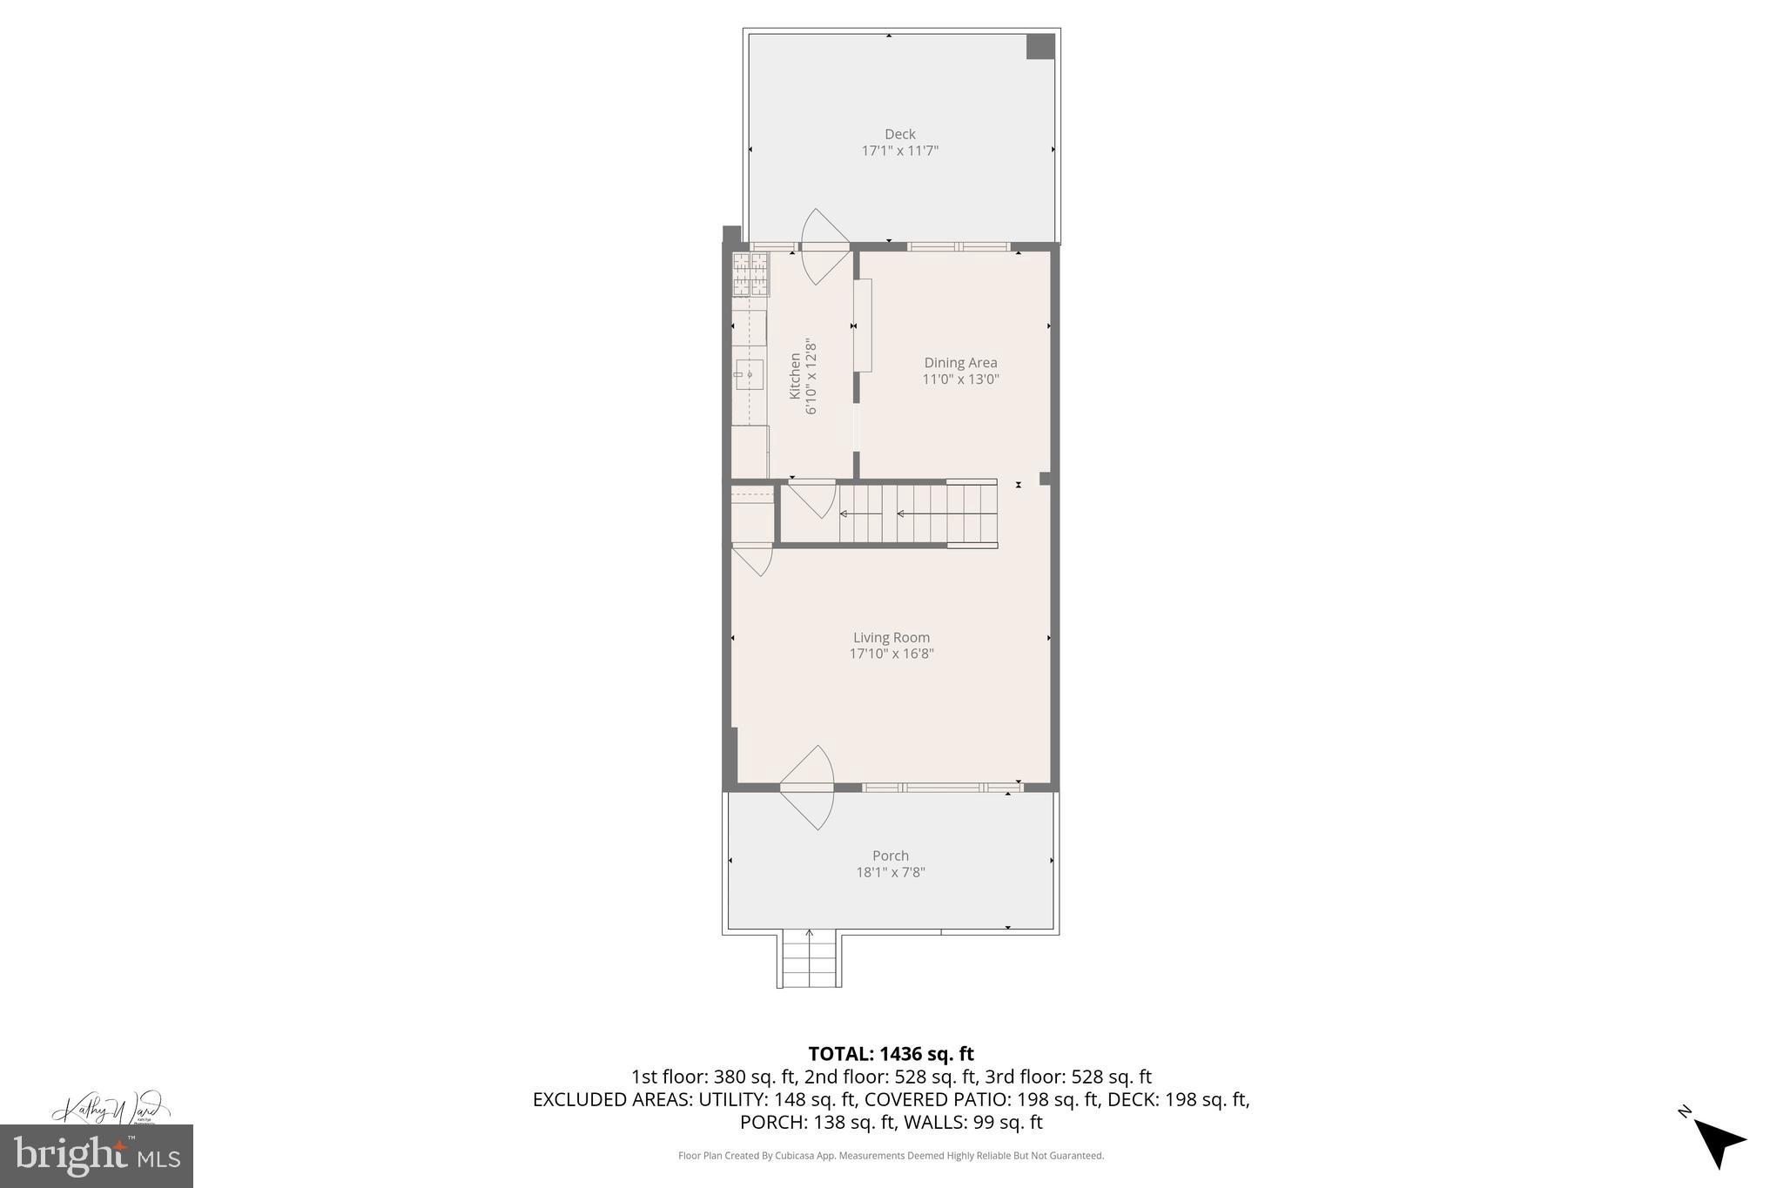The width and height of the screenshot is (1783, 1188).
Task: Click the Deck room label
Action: click(899, 134)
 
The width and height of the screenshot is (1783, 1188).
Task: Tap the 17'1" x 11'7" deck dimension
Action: click(899, 151)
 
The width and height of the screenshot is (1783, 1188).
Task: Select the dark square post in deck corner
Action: click(1040, 46)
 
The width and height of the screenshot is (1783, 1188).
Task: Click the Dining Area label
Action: click(960, 363)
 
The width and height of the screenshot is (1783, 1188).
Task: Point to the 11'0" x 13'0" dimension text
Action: click(960, 379)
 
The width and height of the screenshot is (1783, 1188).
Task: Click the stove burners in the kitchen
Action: click(750, 273)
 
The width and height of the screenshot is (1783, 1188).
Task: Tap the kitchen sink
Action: click(749, 374)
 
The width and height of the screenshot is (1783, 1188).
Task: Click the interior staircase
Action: click(914, 513)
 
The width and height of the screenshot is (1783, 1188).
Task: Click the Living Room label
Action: click(891, 638)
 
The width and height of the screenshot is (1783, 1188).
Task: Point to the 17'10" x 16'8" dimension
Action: click(891, 654)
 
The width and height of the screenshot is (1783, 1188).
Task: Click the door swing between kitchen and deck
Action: click(823, 247)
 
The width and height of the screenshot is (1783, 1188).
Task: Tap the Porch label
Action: click(890, 856)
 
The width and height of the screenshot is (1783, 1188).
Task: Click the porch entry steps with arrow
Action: click(809, 959)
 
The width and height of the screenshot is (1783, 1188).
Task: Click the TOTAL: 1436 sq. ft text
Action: click(891, 1054)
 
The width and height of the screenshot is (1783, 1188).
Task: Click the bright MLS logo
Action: click(96, 1156)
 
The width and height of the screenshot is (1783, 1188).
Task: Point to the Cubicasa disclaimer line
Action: click(891, 1156)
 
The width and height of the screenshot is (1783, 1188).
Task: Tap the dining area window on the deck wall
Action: click(959, 246)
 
